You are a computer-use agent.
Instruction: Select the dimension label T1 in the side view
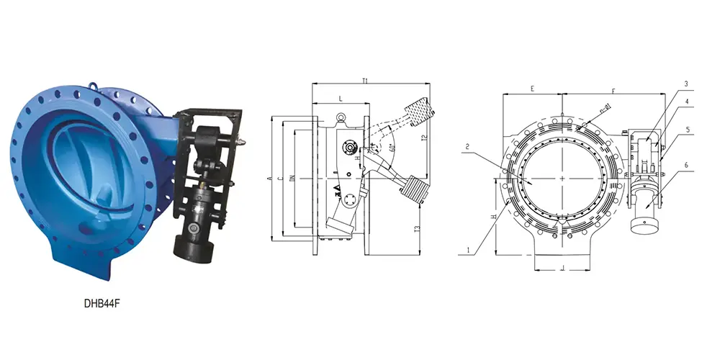[366, 81]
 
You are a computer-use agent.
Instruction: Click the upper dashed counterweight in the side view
[415, 112]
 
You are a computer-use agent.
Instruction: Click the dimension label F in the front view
[613, 91]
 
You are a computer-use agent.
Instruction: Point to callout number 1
[469, 250]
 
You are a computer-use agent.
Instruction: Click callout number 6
[686, 164]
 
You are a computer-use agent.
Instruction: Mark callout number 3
[686, 84]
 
